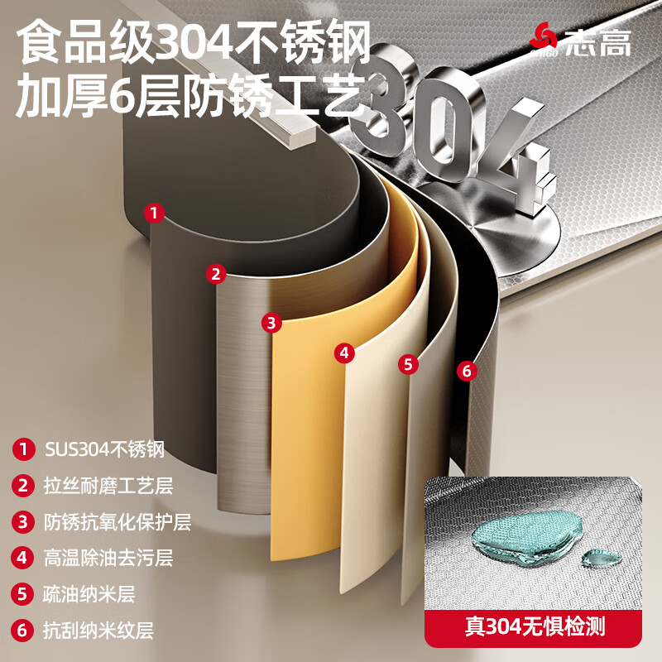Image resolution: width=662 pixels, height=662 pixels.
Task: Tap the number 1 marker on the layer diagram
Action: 152,213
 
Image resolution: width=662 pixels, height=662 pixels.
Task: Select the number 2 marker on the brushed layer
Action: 216,273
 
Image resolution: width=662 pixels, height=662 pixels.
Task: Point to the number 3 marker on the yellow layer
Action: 271,322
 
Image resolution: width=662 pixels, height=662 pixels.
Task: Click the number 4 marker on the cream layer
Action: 344,353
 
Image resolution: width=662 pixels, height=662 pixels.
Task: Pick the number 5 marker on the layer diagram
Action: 407,363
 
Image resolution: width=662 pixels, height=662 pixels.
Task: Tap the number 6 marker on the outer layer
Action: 467,371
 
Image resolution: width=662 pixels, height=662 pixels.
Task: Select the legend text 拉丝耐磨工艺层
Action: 108,486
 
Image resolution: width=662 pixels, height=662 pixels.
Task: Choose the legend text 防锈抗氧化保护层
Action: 117,522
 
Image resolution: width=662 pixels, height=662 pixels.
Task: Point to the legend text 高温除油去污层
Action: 108,558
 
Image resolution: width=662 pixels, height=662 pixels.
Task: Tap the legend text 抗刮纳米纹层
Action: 98,631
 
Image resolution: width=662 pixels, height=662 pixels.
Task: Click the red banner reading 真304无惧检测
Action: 535,626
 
